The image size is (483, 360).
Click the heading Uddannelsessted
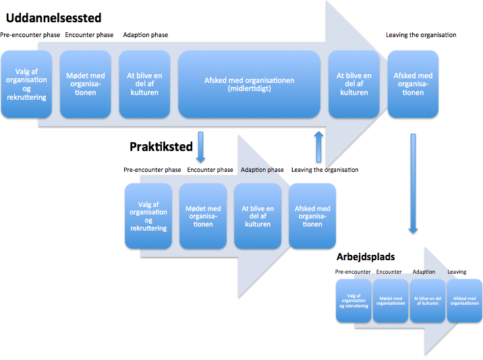click(53, 18)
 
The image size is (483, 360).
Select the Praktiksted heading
click(161, 146)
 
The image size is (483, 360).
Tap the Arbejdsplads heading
click(366, 257)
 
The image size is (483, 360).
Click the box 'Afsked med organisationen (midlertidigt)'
click(249, 84)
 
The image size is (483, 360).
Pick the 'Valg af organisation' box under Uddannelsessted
click(26, 84)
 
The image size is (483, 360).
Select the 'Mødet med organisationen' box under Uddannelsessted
click(85, 84)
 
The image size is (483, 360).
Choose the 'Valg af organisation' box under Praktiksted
click(148, 216)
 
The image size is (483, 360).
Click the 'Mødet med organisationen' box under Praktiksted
click(203, 216)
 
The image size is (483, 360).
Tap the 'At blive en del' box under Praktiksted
click(258, 216)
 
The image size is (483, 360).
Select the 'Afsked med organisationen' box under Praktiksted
click(312, 216)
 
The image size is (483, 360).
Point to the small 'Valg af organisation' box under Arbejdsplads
click(353, 301)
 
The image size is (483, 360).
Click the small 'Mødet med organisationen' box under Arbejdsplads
click(391, 301)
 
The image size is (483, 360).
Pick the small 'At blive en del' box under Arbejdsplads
click(428, 301)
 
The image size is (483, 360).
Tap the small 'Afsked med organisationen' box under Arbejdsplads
click(465, 301)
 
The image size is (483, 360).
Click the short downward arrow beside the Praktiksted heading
click(200, 147)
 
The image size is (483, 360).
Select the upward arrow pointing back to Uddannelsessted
click(319, 146)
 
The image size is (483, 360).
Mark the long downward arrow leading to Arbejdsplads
click(413, 183)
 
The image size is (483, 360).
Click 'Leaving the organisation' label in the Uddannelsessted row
click(421, 35)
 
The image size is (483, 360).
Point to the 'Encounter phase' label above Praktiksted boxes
click(210, 170)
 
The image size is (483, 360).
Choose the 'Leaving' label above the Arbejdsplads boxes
click(457, 272)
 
